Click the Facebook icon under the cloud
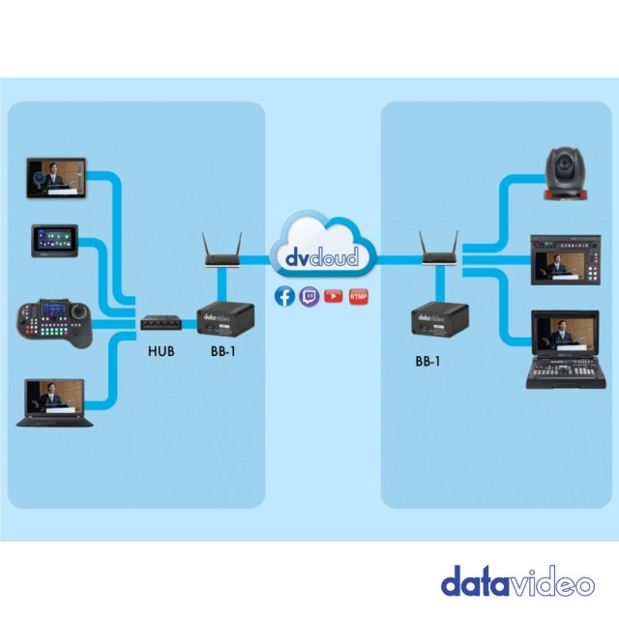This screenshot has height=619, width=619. click(x=284, y=296)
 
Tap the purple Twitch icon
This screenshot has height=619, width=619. click(x=309, y=296)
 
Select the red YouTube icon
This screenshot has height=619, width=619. click(x=334, y=296)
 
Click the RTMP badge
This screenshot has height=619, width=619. click(x=358, y=296)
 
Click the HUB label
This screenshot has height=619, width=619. click(x=161, y=351)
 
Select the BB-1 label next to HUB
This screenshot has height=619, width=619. click(x=222, y=351)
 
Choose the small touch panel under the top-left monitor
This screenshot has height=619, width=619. click(x=56, y=241)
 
